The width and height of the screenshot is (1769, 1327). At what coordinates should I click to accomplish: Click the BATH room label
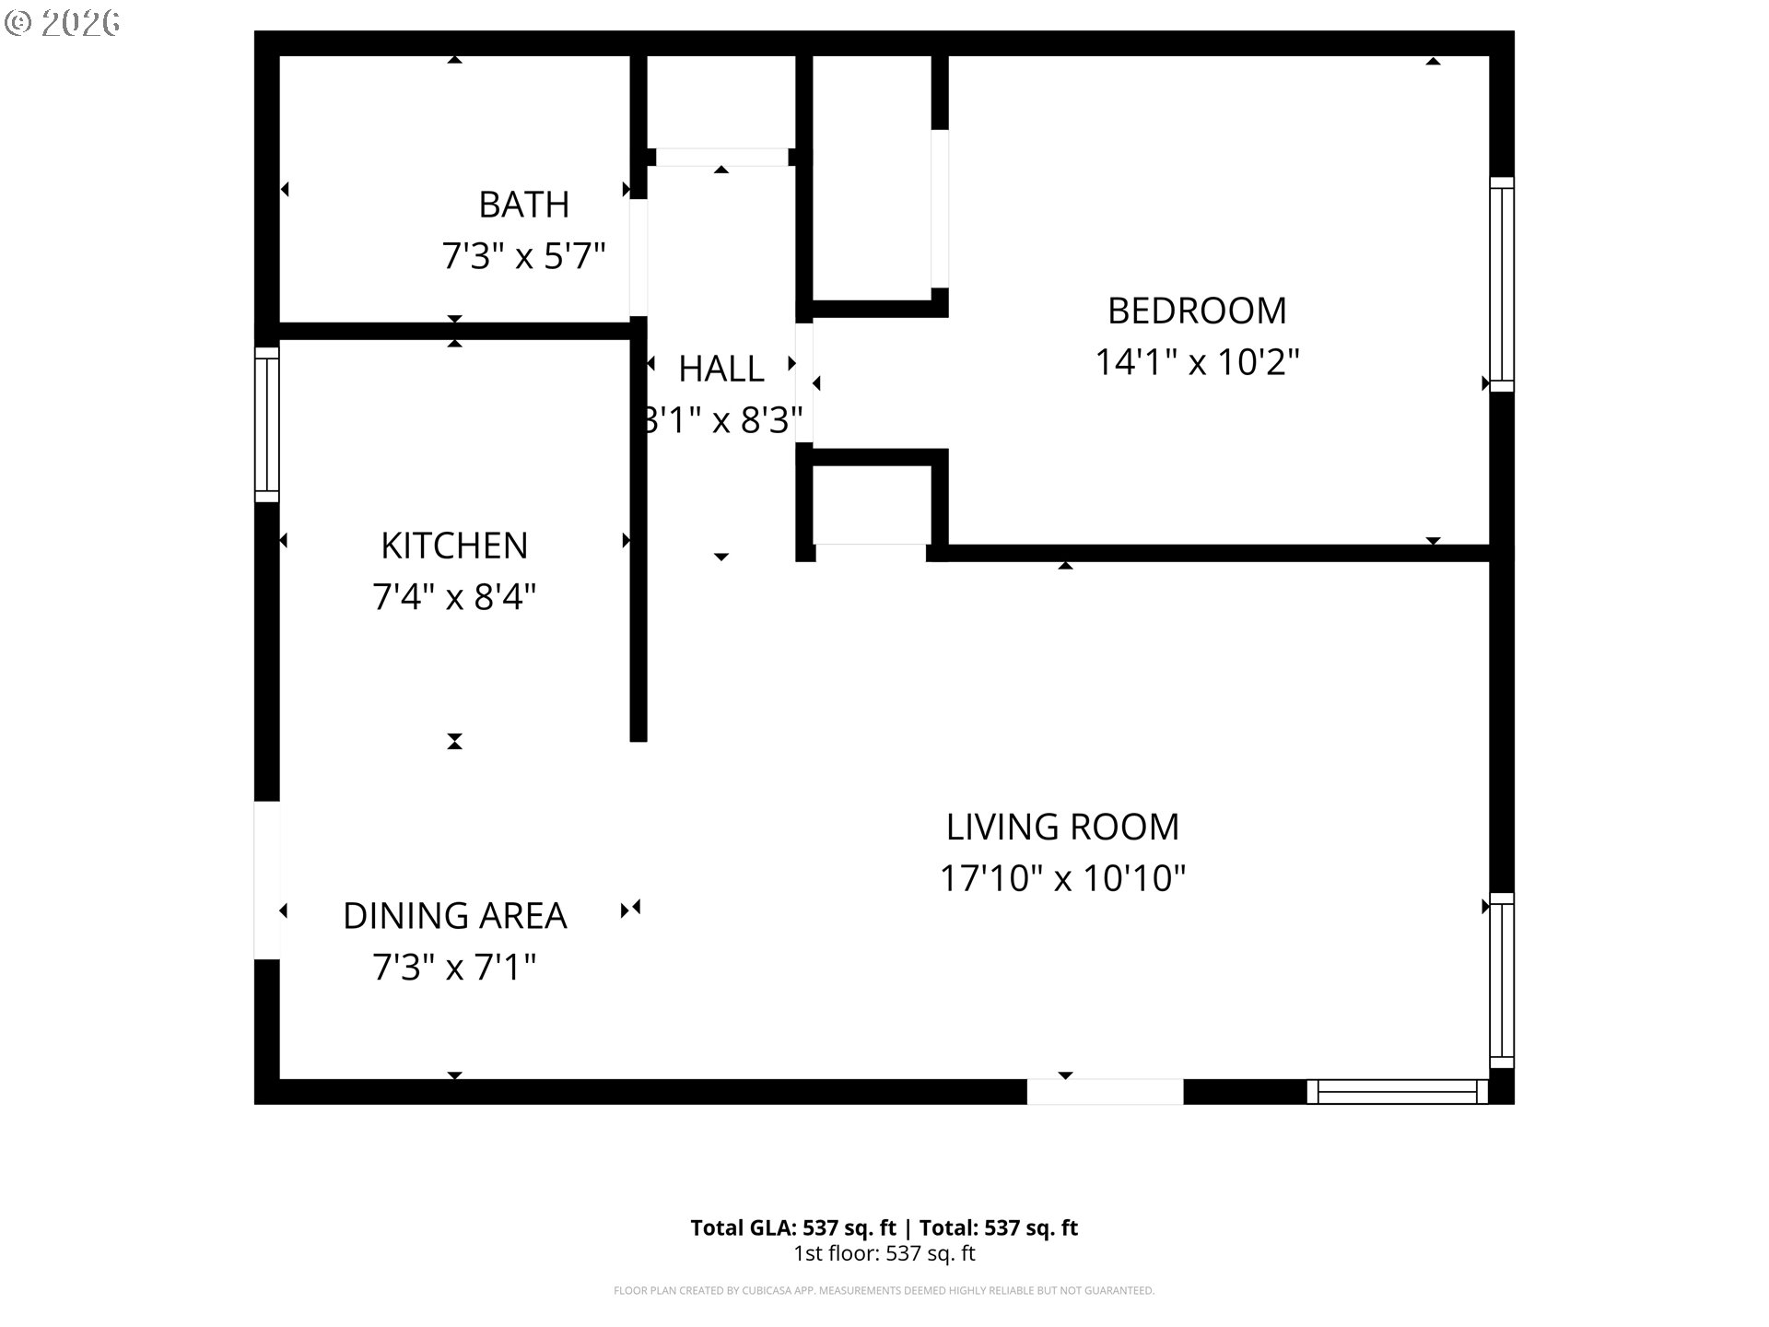tap(523, 205)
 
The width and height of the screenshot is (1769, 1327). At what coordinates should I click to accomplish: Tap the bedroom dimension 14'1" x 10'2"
tap(1196, 362)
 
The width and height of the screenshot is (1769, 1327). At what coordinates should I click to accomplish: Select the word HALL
tap(720, 370)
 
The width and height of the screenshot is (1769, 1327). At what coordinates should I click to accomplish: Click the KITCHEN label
tap(454, 546)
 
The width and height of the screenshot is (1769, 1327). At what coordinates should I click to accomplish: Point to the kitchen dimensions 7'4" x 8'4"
tap(454, 597)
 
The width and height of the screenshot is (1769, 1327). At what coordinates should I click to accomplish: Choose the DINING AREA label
tap(454, 916)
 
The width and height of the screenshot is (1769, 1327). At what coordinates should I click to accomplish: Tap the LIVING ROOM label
tap(1062, 828)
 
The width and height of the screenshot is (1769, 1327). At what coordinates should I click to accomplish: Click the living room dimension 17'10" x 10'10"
tap(1062, 878)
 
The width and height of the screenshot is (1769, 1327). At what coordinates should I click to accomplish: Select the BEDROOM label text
tap(1196, 311)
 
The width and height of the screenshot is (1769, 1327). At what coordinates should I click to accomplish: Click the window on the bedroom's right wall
tap(1501, 284)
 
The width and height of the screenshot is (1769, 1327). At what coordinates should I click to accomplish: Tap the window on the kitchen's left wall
tap(266, 424)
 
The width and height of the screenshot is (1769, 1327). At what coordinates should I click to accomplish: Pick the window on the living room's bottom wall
tap(1397, 1092)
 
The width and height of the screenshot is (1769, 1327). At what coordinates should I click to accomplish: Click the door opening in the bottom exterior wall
tap(1105, 1092)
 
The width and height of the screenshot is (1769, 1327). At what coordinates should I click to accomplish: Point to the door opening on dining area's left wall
tap(266, 880)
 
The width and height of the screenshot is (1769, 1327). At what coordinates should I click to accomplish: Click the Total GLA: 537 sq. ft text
tap(792, 1227)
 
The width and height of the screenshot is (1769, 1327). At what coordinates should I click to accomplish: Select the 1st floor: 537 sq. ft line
tap(884, 1253)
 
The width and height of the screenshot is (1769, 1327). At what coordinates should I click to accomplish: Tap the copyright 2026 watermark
tap(63, 23)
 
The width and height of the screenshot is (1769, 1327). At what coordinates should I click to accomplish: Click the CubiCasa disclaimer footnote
tap(884, 1291)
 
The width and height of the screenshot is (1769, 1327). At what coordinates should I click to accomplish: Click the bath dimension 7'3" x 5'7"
tap(523, 256)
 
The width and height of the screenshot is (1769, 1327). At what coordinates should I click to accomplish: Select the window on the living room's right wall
tap(1501, 980)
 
